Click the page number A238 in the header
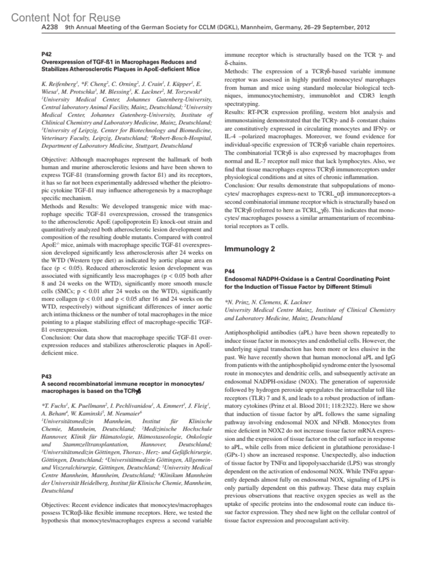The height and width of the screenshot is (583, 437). coord(50,27)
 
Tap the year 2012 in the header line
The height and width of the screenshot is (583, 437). coord(363,27)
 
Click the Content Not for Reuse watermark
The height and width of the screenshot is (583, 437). coord(66,17)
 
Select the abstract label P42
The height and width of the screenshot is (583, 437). coord(47,54)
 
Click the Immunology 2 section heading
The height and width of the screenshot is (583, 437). coord(249,249)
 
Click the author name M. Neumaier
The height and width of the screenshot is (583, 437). coord(124,413)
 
